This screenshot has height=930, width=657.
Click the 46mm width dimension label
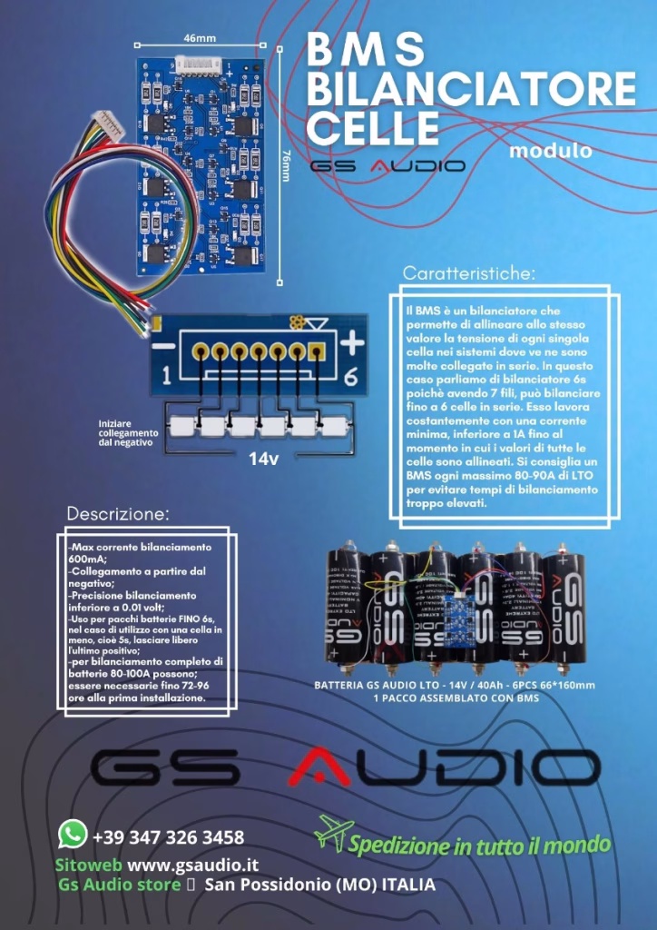pos(200,38)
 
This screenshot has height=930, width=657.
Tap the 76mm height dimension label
pos(286,166)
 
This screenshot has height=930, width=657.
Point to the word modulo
pos(551,150)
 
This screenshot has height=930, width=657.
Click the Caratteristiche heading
pos(469,272)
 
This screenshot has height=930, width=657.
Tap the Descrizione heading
pos(118,514)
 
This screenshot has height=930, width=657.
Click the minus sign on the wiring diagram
pos(162,346)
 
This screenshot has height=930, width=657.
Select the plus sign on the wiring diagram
pos(353,342)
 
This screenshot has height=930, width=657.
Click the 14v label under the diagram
pos(263,459)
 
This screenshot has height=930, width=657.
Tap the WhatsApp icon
pos(72,833)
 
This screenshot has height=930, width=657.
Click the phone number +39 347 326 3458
pos(168,836)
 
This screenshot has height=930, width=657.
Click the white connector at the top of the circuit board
pos(200,65)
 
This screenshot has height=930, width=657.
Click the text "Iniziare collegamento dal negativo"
pos(127,432)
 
